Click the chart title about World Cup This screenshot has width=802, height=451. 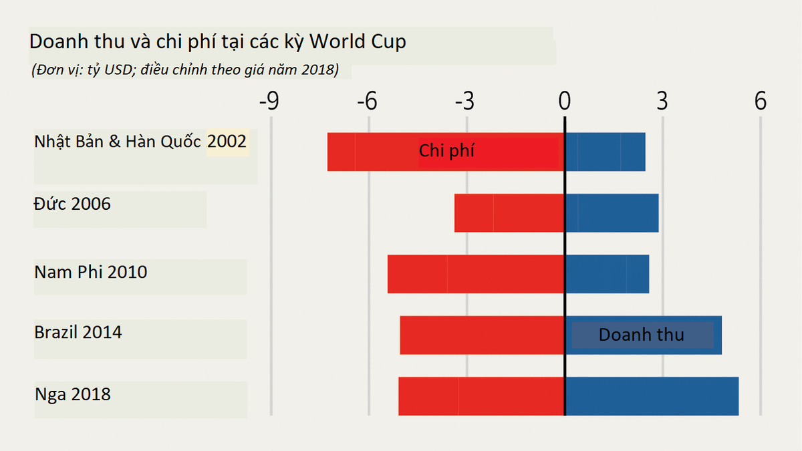click(x=217, y=42)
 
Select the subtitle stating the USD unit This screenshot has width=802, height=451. click(x=185, y=69)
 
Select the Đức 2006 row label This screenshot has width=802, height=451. click(x=72, y=204)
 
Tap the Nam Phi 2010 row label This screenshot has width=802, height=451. click(x=91, y=273)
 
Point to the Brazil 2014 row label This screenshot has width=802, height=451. click(x=78, y=332)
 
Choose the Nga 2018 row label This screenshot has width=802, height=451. click(x=73, y=394)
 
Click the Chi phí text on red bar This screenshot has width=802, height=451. click(x=446, y=151)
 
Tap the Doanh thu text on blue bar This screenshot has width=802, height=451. click(x=641, y=335)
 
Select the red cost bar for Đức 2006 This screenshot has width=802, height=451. click(x=509, y=213)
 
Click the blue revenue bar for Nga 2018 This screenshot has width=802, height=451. click(x=652, y=396)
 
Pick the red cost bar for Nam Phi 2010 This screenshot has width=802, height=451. click(x=476, y=274)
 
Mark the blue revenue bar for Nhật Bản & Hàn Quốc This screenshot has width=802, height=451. click(x=606, y=152)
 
